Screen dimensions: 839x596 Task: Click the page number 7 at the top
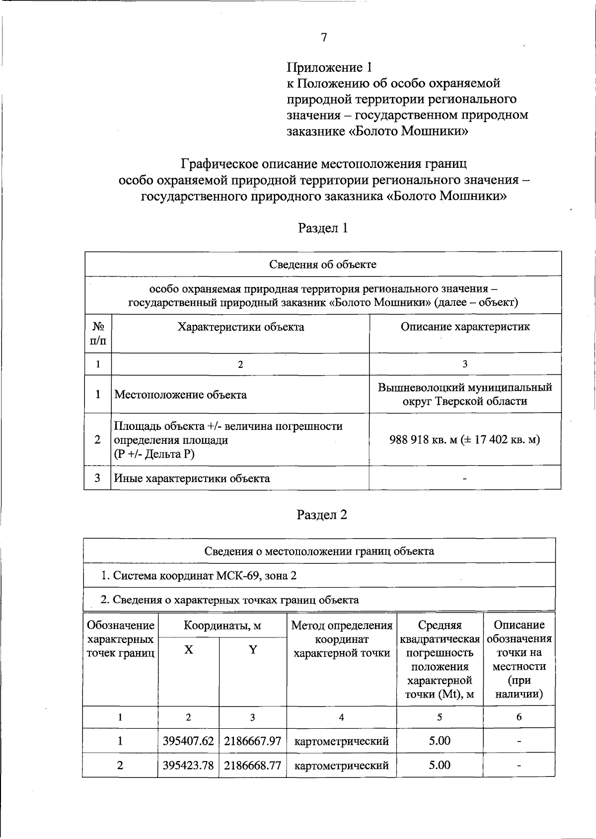coord(324,38)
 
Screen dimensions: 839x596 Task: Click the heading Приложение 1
coord(329,67)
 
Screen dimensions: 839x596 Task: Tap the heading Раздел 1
coord(323,228)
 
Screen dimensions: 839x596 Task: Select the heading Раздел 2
coord(322,515)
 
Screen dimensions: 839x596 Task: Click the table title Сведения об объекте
coord(323,264)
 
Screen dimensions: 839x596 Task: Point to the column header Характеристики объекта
coord(241,327)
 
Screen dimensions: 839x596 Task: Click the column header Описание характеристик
coord(465,327)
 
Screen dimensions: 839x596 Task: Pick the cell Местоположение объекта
coord(181,395)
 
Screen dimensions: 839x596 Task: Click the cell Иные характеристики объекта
coord(192,479)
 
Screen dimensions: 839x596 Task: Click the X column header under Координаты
coord(188,650)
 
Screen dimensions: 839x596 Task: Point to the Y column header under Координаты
coord(253,650)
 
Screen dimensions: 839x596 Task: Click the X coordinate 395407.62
coord(188,741)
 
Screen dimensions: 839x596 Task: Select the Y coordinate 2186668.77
coord(253,766)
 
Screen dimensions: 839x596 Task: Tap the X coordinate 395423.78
coord(188,766)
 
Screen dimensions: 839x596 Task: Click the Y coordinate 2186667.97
coord(253,741)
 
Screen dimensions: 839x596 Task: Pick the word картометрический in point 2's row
coord(342,766)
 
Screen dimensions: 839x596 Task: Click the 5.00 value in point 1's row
coord(440,741)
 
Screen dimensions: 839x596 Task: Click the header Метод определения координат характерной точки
coord(342,639)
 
